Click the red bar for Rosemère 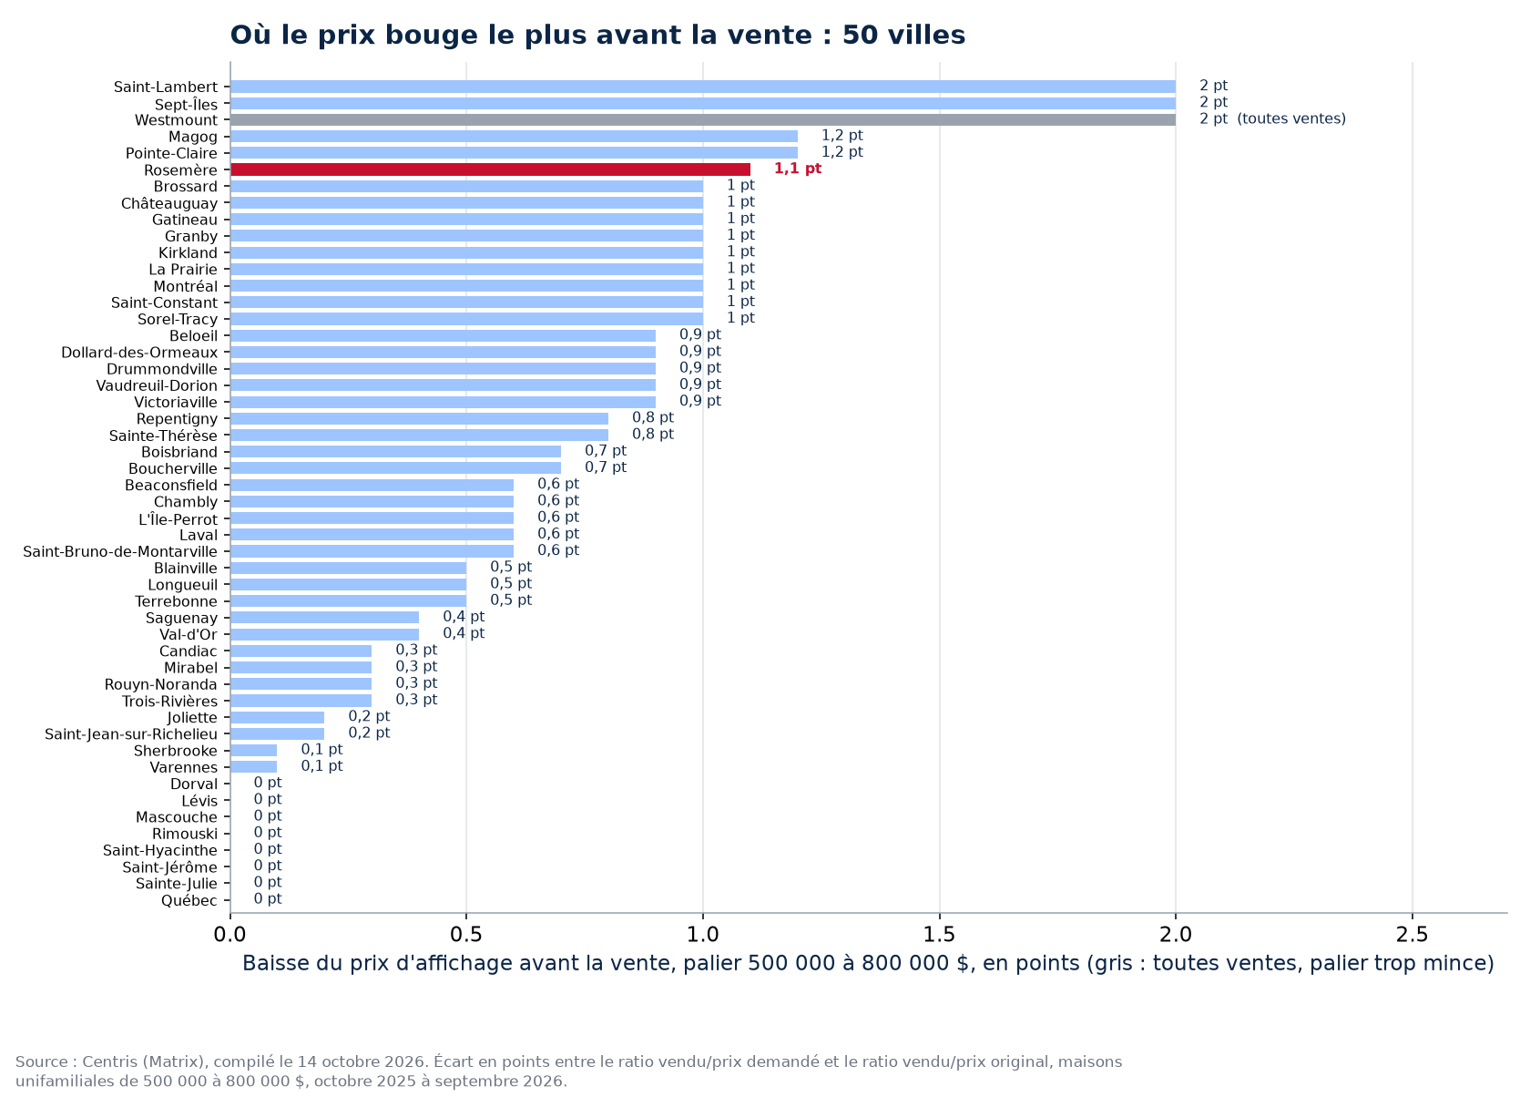[x=490, y=169]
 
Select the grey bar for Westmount [x=703, y=119]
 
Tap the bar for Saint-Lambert [x=703, y=87]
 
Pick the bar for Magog [x=514, y=137]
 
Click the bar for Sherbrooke [x=253, y=751]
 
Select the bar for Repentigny [x=419, y=418]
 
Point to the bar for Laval [x=372, y=535]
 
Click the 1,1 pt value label [x=797, y=169]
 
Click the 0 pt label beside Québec [x=268, y=898]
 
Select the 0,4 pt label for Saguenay [x=464, y=617]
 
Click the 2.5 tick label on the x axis [x=1412, y=935]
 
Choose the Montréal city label [x=185, y=286]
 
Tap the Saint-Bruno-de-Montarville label [x=120, y=551]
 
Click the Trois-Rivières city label [x=169, y=702]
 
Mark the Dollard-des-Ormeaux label [x=139, y=353]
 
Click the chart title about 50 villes [x=597, y=35]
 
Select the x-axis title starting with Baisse [x=869, y=964]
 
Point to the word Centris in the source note [x=110, y=1062]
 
